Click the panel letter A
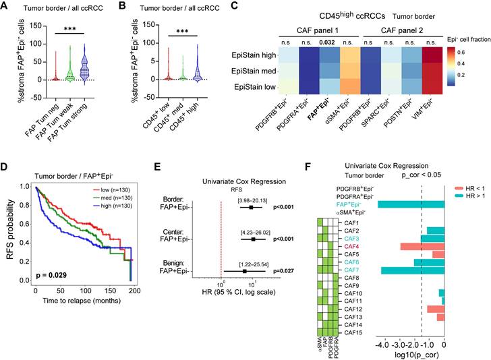(x=7, y=7)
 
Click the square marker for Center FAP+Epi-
(x=253, y=238)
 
